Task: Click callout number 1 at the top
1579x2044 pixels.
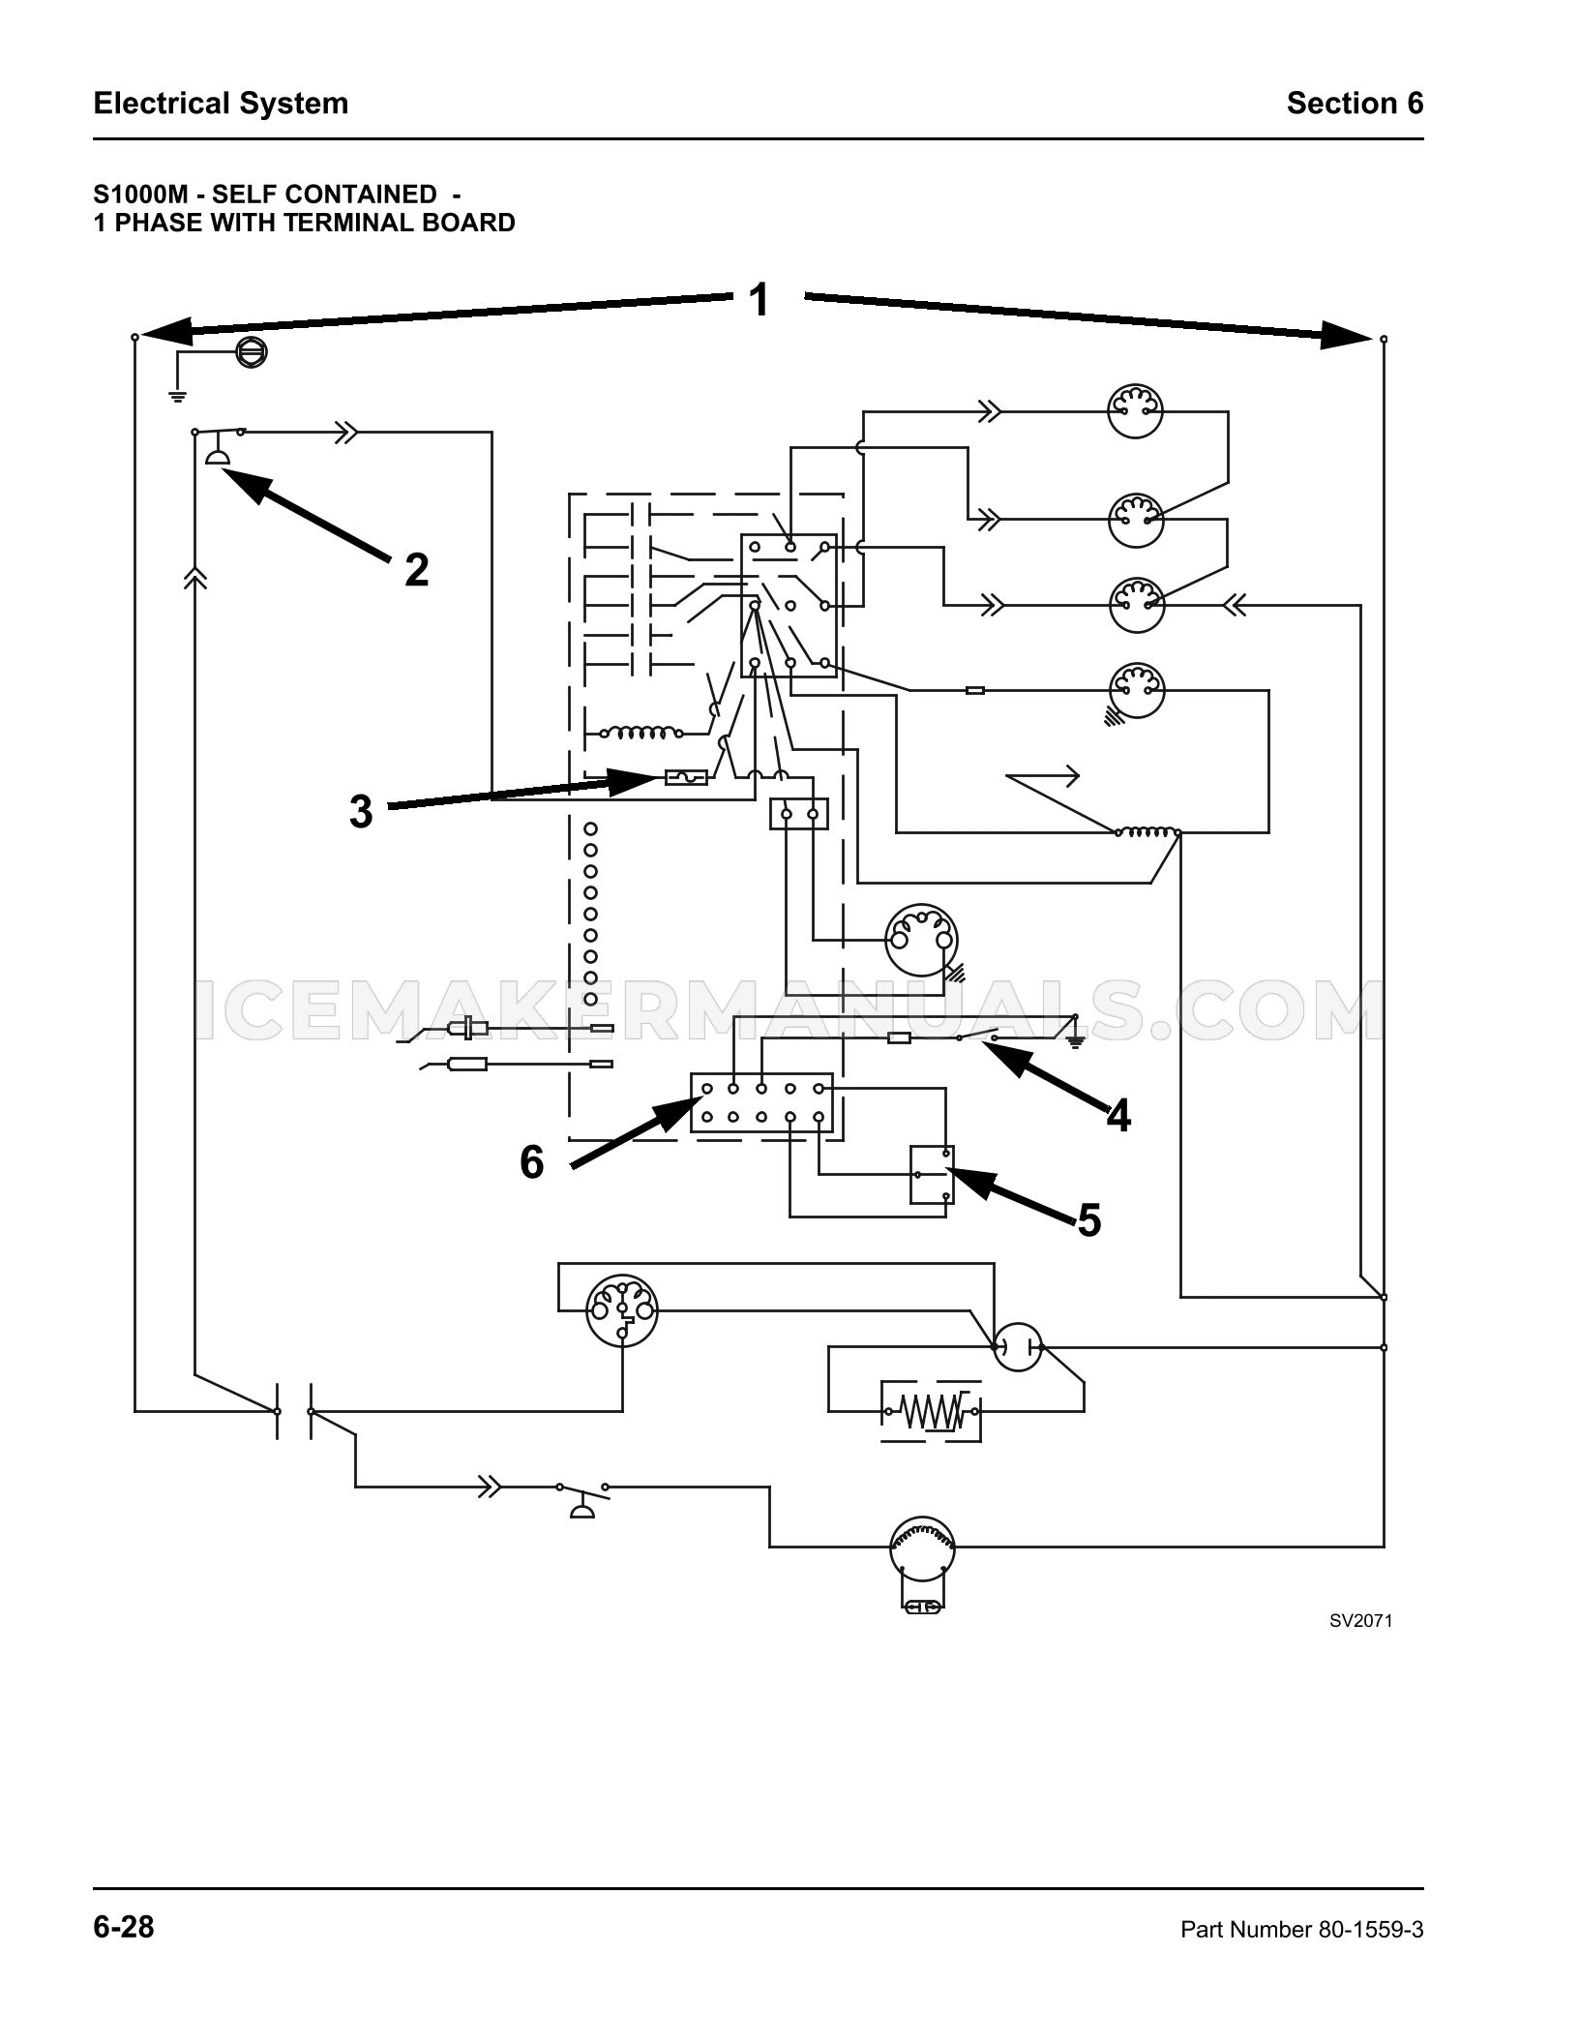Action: click(x=760, y=299)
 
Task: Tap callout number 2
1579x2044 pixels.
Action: click(x=416, y=570)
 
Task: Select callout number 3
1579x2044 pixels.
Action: click(x=361, y=812)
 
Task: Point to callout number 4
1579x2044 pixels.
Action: click(x=1118, y=1116)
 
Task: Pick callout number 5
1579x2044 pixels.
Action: click(x=1089, y=1220)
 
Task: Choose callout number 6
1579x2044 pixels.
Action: click(x=532, y=1161)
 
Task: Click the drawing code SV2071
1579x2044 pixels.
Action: click(x=1360, y=1620)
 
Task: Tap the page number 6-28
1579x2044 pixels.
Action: click(x=124, y=1927)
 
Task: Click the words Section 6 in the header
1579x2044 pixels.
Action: click(x=1355, y=104)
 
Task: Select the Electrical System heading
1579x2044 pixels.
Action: click(x=221, y=104)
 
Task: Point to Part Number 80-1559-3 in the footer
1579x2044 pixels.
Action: click(x=1302, y=1930)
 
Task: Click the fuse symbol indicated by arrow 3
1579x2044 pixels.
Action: click(x=686, y=776)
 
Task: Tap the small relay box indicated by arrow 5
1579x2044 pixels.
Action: click(x=932, y=1175)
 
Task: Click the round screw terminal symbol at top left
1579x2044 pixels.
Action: click(x=252, y=351)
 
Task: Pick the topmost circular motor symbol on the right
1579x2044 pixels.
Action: click(x=1136, y=411)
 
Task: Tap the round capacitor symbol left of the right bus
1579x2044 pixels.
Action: click(x=1017, y=1346)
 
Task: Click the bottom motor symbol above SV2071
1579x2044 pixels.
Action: click(x=922, y=1547)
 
